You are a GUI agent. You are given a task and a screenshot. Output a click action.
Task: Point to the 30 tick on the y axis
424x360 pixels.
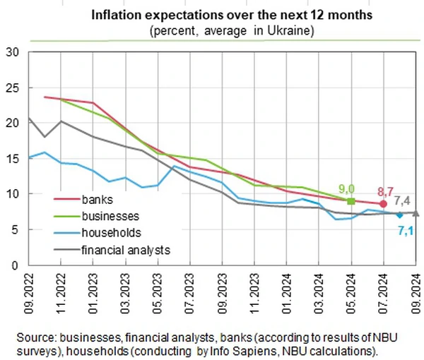click(12, 52)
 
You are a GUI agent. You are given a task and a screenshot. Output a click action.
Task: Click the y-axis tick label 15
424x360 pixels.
click(12, 158)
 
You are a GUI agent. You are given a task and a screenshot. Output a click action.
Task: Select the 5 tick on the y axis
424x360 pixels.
click(15, 230)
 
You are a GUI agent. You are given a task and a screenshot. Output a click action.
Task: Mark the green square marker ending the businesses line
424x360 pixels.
click(351, 201)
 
